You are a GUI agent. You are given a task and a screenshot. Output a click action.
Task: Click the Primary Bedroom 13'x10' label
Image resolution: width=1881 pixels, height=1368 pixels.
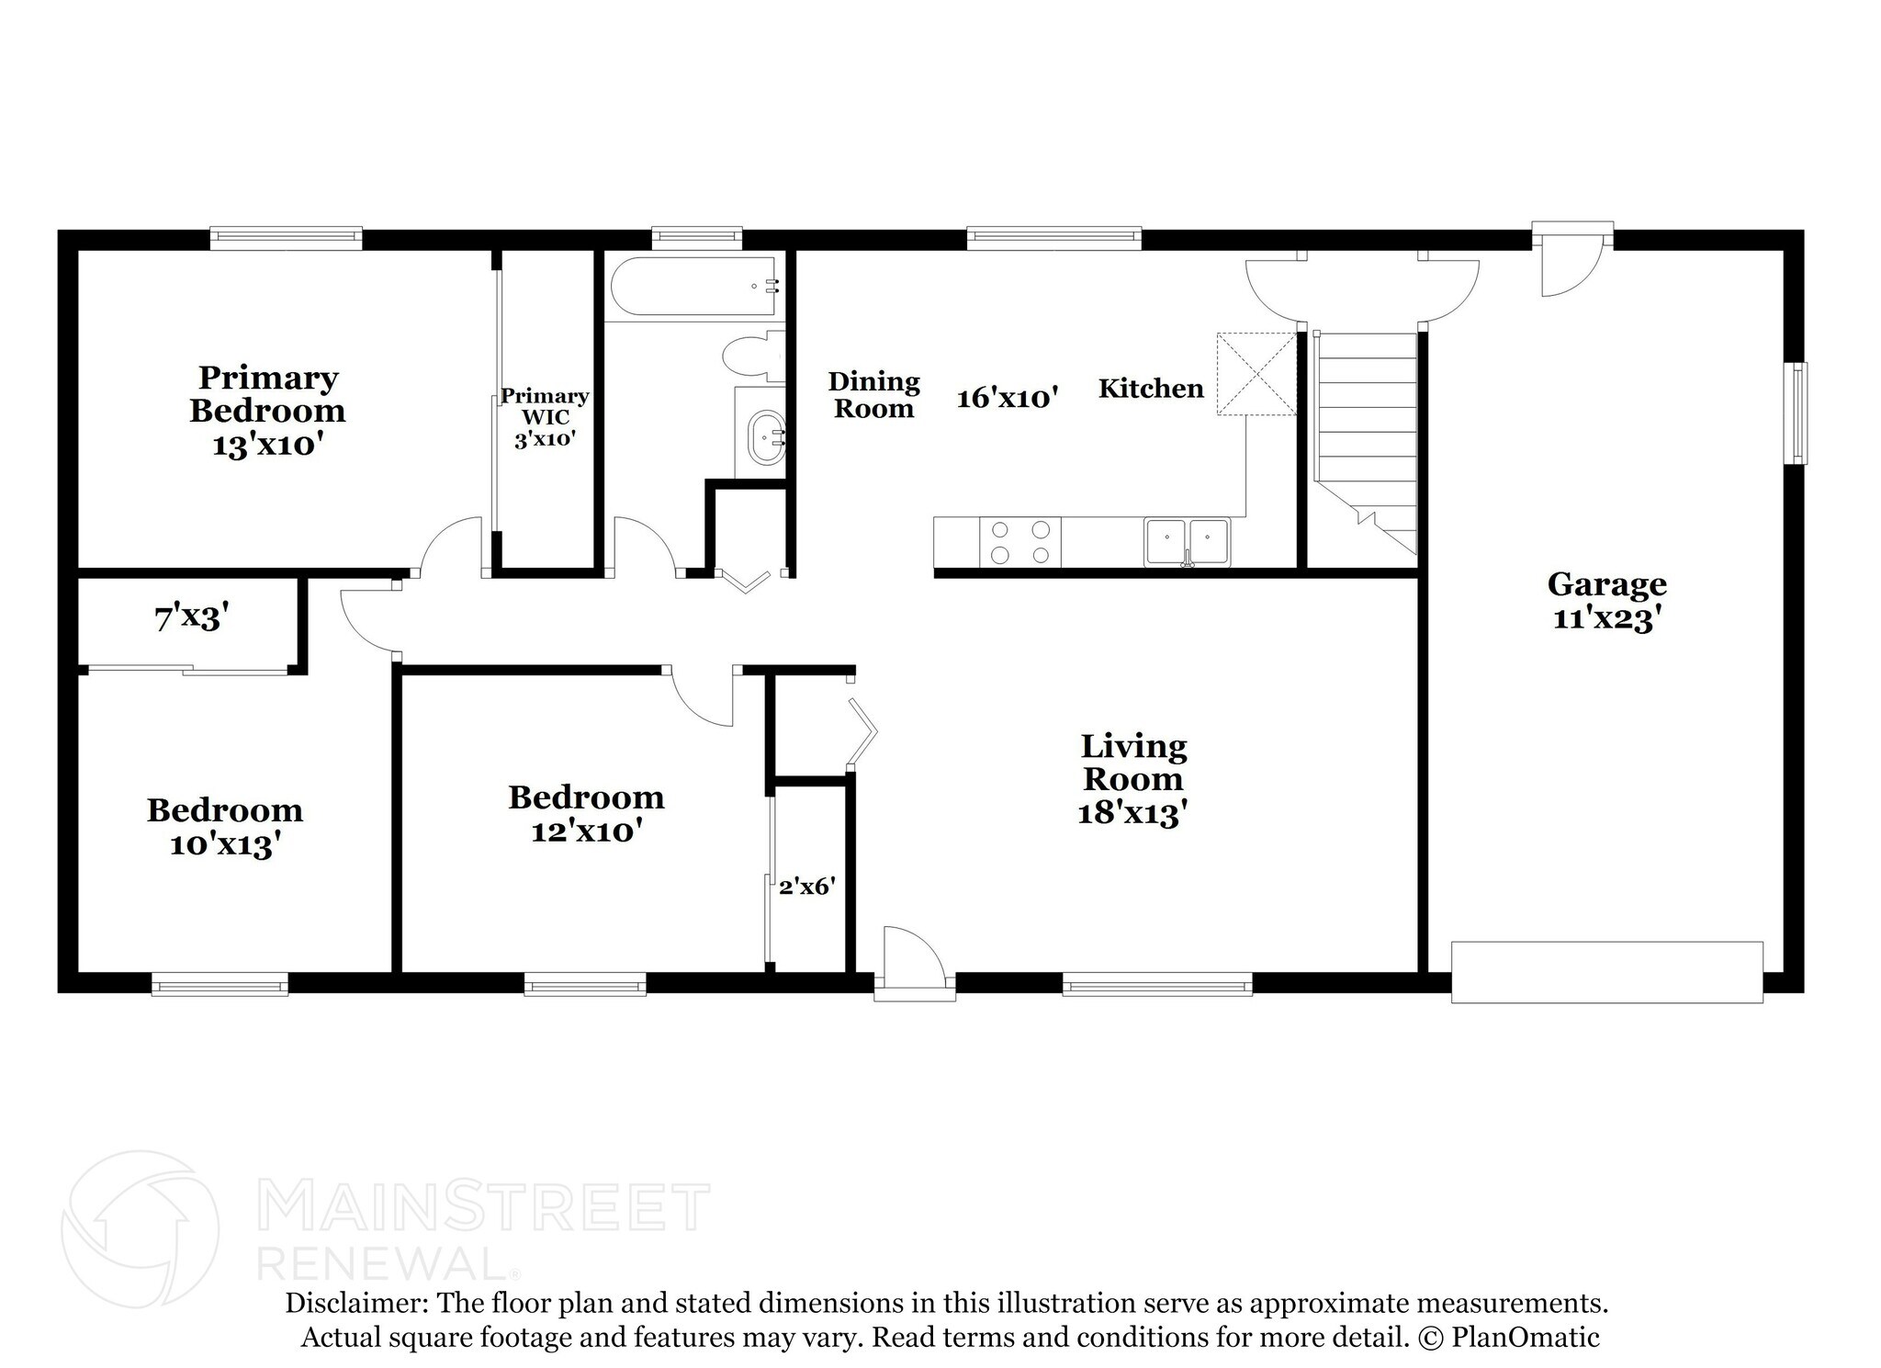tap(267, 411)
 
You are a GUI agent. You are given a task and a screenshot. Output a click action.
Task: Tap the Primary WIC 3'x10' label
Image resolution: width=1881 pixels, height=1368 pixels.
tap(545, 417)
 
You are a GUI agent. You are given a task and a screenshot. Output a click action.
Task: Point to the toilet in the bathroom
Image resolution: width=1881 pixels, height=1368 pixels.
tap(752, 356)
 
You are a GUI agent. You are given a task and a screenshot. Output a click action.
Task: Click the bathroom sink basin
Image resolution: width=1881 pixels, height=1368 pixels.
tap(765, 437)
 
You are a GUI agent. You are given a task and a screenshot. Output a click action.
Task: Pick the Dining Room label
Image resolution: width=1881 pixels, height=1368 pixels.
tap(873, 395)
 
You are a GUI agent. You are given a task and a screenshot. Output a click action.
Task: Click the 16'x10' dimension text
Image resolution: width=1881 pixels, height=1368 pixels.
tap(1008, 398)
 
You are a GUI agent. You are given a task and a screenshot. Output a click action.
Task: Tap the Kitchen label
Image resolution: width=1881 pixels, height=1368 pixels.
tap(1151, 389)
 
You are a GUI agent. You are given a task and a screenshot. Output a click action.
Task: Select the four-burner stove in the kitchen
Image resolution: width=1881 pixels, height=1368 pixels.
tap(1019, 542)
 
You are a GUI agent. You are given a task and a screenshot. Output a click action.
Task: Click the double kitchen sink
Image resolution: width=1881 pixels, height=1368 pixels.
tap(1187, 541)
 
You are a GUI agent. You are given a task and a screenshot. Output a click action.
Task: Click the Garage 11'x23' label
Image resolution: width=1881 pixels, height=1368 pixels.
tap(1606, 601)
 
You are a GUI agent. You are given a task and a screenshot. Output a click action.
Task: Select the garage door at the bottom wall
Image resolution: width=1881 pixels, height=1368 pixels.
tap(1606, 971)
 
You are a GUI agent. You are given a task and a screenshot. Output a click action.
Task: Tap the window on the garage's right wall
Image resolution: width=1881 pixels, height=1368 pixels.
tap(1796, 413)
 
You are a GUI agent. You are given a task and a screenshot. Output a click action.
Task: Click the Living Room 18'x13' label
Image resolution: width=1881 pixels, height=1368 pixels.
tap(1133, 780)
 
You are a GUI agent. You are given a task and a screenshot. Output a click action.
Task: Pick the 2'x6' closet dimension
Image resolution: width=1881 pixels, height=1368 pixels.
tap(806, 887)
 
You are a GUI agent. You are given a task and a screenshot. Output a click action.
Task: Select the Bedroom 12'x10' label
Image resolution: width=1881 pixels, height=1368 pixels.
tap(586, 813)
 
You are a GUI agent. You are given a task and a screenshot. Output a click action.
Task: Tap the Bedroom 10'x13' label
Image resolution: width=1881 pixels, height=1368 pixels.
tap(225, 827)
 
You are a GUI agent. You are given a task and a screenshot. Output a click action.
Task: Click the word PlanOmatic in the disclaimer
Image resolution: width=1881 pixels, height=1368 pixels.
tap(1526, 1337)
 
